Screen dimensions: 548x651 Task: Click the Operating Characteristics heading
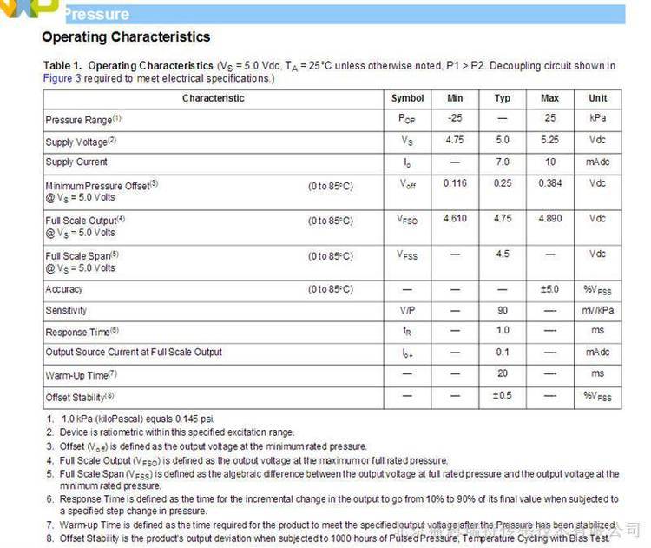pyautogui.click(x=126, y=37)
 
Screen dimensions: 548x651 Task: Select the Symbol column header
pyautogui.click(x=407, y=98)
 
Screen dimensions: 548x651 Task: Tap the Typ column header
pyautogui.click(x=502, y=98)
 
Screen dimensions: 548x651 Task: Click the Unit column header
pyautogui.click(x=597, y=98)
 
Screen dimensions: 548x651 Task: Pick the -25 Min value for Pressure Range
pyautogui.click(x=455, y=118)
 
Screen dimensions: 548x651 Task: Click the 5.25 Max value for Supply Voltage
pyautogui.click(x=549, y=140)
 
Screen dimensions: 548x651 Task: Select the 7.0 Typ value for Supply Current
pyautogui.click(x=502, y=162)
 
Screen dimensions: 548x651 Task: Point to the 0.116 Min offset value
pyautogui.click(x=455, y=183)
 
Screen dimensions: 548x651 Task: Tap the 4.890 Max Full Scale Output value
pyautogui.click(x=550, y=219)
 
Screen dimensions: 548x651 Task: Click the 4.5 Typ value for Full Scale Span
pyautogui.click(x=502, y=254)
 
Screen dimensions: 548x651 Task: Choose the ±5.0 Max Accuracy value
pyautogui.click(x=549, y=289)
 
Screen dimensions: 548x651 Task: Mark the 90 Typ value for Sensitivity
pyautogui.click(x=502, y=310)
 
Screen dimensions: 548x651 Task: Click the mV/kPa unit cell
pyautogui.click(x=597, y=310)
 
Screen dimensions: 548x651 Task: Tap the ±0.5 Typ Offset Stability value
pyautogui.click(x=502, y=396)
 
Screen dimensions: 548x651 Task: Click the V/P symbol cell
pyautogui.click(x=407, y=310)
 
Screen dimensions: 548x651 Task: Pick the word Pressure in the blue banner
pyautogui.click(x=96, y=14)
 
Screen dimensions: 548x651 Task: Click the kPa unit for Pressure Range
pyautogui.click(x=597, y=118)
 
